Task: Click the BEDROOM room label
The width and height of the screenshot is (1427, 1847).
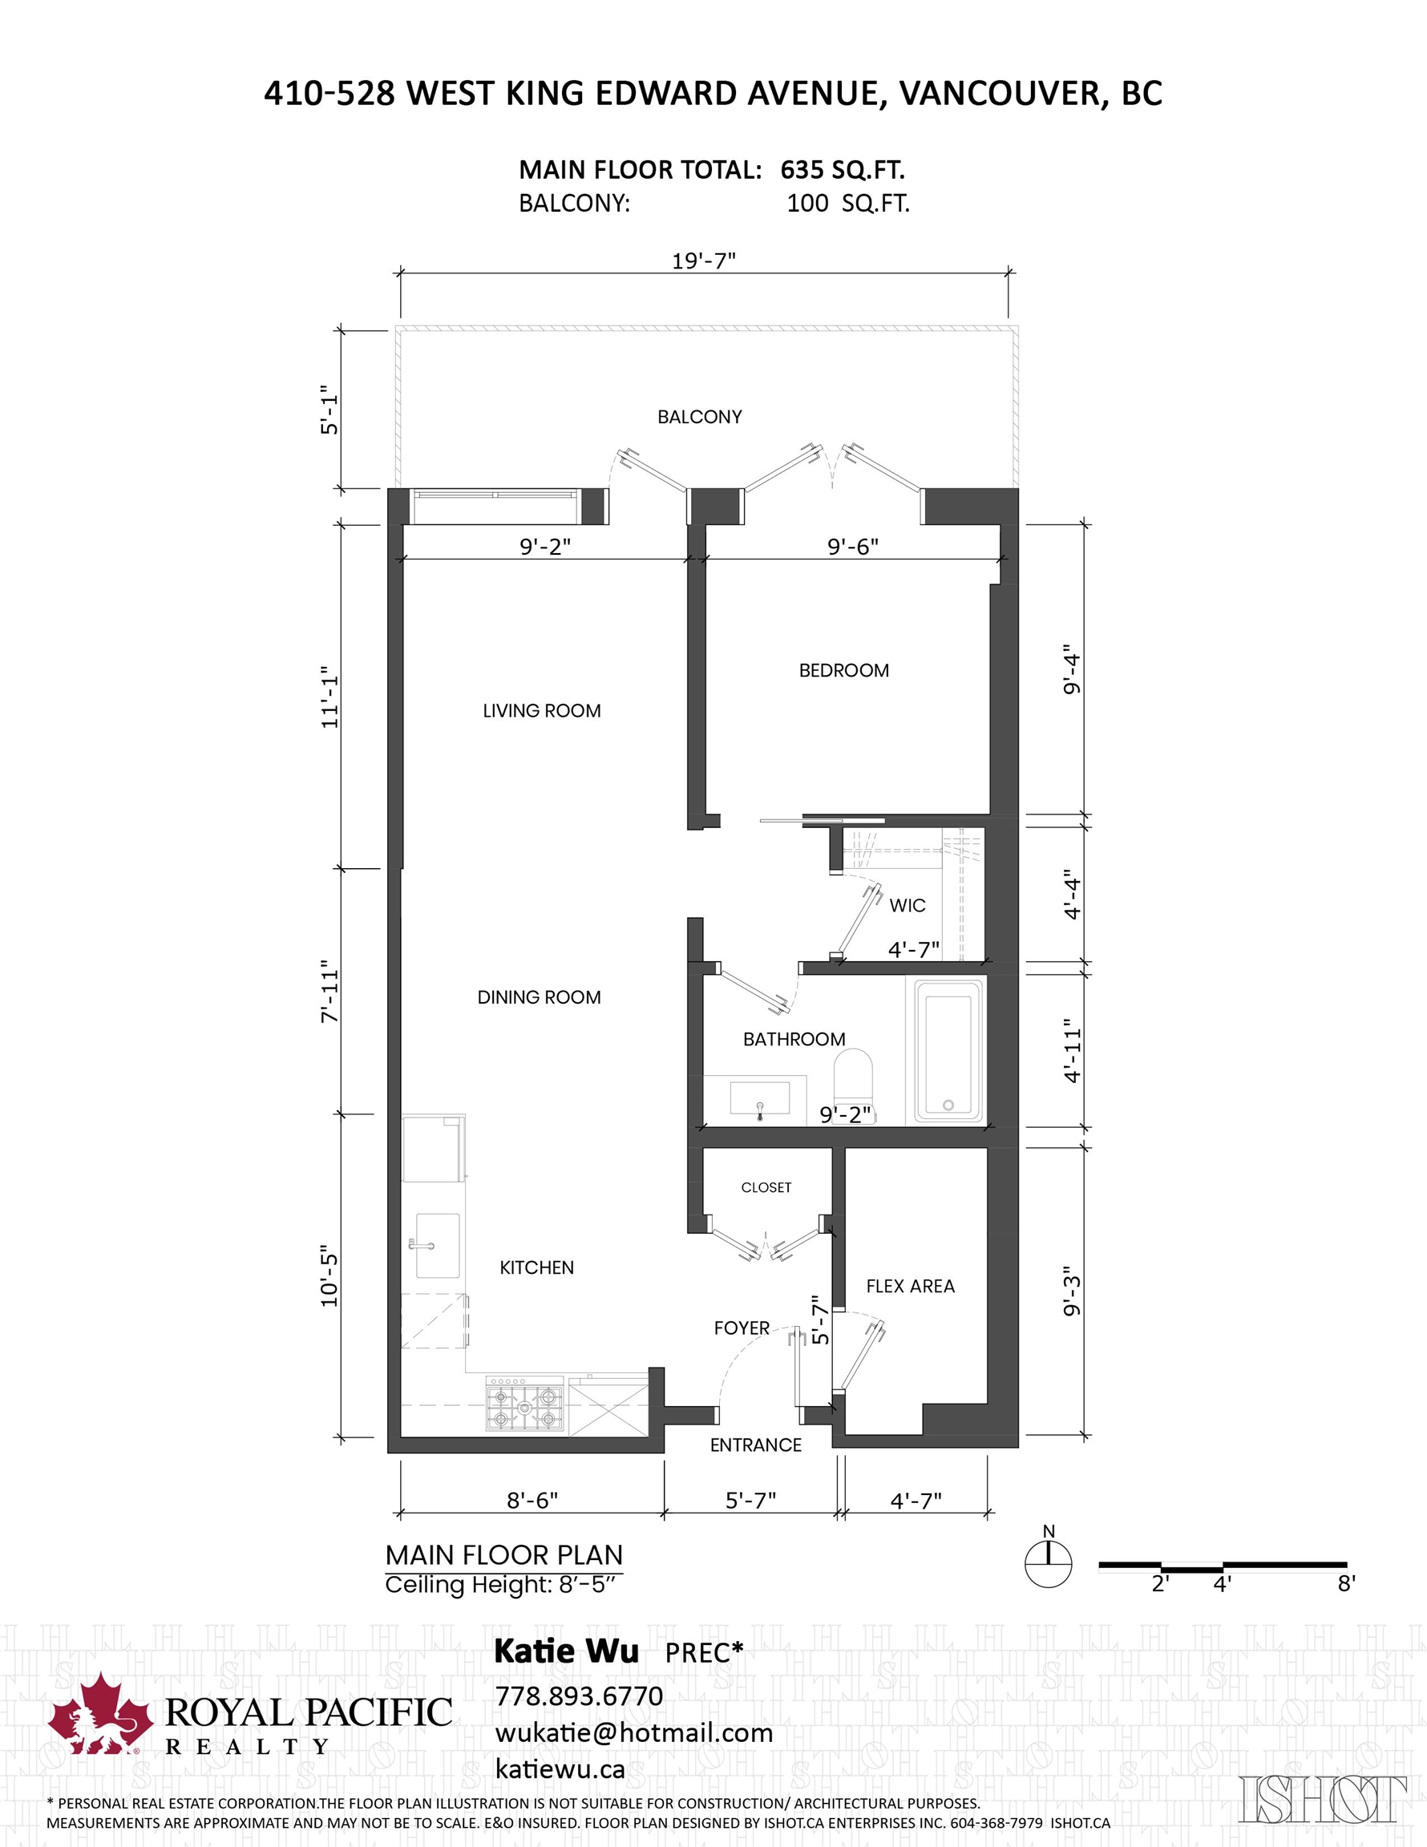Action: (843, 671)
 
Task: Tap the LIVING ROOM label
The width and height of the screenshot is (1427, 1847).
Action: (541, 711)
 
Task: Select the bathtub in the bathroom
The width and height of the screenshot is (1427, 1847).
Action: (947, 1052)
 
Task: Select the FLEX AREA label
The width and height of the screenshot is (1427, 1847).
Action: (910, 1287)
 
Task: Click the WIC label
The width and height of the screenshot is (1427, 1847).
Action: (907, 906)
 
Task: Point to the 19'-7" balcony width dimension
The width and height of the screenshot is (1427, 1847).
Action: (704, 261)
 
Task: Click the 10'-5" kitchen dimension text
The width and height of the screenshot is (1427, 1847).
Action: (329, 1275)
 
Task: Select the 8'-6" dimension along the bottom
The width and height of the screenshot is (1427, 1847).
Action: (532, 1500)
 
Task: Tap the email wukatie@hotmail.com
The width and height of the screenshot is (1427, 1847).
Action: (633, 1733)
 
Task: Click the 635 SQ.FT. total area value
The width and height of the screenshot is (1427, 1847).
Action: (842, 170)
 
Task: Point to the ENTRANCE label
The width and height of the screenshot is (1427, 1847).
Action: (755, 1445)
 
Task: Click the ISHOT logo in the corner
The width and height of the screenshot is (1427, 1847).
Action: (1323, 1800)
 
